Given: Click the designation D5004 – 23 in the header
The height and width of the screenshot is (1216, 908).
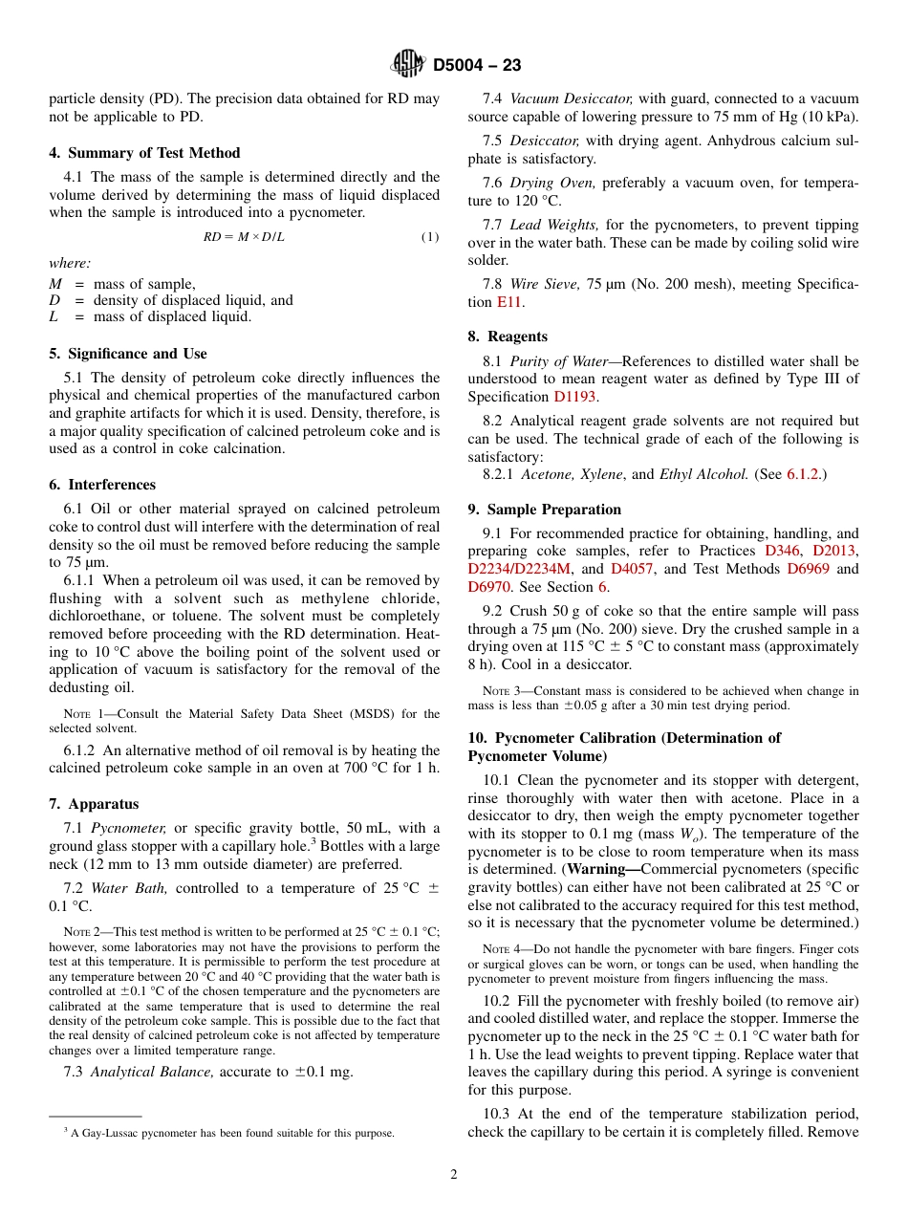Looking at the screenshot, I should coord(477,66).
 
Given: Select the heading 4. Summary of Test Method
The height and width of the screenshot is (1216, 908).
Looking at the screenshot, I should coord(144,153).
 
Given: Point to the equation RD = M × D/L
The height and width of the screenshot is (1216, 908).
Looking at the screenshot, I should coord(244,237).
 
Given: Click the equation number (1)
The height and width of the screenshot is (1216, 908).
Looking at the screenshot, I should coord(429,237).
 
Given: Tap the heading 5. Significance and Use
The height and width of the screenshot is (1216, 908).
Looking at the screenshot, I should coord(127,354).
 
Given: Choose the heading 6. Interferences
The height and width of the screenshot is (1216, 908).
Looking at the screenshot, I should coord(102,485).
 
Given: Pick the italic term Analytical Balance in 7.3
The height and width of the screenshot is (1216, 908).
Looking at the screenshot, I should coord(153,1072).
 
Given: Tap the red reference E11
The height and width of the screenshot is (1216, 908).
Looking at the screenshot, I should coord(509,302).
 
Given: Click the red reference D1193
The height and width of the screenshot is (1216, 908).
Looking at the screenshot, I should coord(575,396).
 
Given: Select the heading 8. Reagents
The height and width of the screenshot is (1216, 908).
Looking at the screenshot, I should coord(508,337).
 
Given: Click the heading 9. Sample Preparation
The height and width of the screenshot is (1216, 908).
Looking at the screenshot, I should coord(544,510).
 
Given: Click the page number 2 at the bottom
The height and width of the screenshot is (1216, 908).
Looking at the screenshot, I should coord(454,1175).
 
